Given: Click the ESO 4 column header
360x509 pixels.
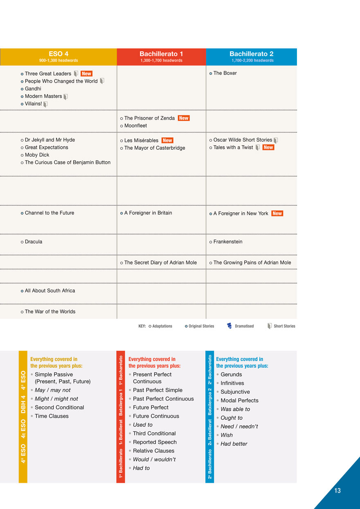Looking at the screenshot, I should [x=59, y=56].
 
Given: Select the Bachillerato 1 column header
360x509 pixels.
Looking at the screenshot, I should [x=161, y=56].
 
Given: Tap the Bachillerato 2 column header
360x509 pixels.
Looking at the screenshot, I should [x=251, y=56].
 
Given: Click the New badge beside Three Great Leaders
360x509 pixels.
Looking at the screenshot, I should [x=86, y=74].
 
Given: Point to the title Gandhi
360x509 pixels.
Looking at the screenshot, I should [x=33, y=89].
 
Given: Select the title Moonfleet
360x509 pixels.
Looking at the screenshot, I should [x=135, y=126].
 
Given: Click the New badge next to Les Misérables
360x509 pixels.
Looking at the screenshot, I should [x=167, y=140].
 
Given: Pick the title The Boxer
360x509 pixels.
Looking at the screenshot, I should [x=225, y=73].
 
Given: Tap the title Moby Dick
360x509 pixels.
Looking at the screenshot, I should [x=37, y=155].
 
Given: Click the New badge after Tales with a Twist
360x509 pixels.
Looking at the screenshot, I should [x=268, y=147].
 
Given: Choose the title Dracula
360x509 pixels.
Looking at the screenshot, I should [x=34, y=242].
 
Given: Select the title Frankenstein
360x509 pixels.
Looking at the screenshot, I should [x=227, y=242].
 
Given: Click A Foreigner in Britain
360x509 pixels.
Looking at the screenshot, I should [x=148, y=213].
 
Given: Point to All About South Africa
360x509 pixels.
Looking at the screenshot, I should [x=50, y=291].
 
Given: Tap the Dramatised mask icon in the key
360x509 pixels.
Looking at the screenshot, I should [x=229, y=326].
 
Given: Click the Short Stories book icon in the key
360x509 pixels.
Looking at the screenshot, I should [x=270, y=326].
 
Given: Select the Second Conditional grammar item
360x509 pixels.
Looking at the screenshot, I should [x=59, y=408].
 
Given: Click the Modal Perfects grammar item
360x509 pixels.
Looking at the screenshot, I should [x=239, y=401].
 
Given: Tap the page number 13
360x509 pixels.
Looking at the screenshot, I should [x=337, y=491].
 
